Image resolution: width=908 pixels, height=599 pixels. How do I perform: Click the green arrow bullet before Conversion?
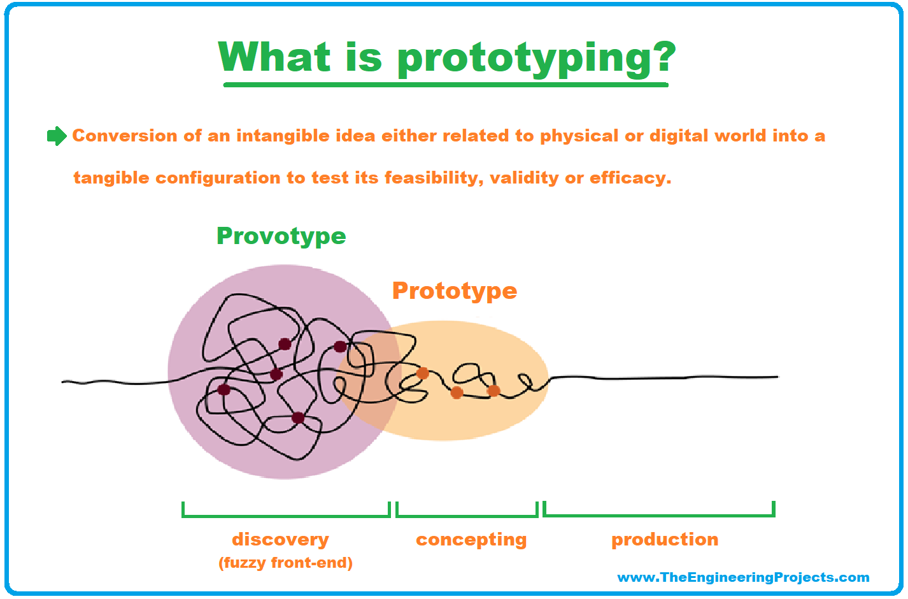57,136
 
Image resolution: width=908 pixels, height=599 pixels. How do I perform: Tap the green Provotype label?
281,236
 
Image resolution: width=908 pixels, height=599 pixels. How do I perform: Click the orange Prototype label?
454,291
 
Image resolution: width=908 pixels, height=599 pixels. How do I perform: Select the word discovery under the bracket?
280,540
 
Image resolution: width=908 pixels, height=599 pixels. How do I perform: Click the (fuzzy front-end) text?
285,563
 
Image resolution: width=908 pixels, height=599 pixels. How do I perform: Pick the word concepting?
471,540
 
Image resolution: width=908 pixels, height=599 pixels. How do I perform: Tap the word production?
664,540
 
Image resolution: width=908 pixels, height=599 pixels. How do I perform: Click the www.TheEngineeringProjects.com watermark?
742,577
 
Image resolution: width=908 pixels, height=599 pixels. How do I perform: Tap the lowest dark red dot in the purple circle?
298,418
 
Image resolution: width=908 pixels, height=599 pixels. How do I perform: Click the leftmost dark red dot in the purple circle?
224,389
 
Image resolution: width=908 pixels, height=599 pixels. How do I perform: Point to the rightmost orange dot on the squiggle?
493,391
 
